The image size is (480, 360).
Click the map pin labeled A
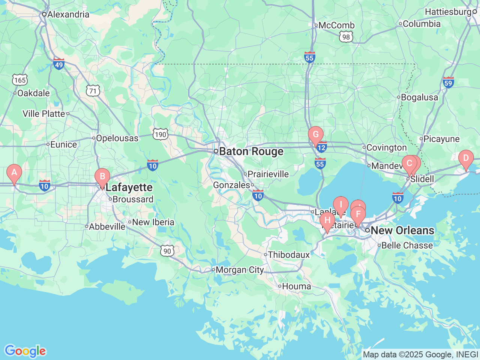pos(14,173)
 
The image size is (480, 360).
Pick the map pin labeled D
pos(466,158)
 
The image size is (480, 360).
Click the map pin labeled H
pos(327,220)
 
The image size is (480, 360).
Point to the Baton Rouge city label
pos(251,151)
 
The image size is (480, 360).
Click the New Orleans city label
pos(402,230)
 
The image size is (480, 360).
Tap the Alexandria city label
pos(68,15)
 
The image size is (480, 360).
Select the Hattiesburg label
pos(448,12)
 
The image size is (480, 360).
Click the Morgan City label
pos(240,270)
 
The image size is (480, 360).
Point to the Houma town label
pos(296,286)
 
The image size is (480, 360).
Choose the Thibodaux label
pos(289,255)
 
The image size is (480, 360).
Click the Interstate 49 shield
pos(58,64)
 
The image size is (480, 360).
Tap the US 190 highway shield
pos(160,135)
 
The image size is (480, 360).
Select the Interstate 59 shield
pos(448,82)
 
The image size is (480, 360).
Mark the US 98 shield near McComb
pos(346,37)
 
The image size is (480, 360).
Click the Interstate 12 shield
pos(321,147)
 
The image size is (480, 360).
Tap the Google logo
pos(25,351)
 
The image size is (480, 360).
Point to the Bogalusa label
pos(419,97)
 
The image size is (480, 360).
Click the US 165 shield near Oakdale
pos(19,80)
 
